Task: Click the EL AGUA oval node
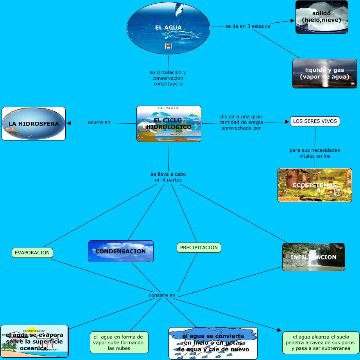168,28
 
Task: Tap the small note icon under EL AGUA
168,47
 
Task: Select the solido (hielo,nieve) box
322,17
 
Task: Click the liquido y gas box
324,74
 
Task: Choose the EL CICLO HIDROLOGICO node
169,124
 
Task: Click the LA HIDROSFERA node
34,124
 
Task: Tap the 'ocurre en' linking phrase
99,122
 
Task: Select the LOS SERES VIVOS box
315,121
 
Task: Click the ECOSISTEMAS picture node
315,185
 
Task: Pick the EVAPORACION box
32,252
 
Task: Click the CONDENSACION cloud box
121,251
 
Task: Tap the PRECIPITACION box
199,247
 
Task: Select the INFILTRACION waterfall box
313,257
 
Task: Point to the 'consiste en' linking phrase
162,295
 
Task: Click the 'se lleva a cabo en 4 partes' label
166,177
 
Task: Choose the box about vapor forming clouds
118,342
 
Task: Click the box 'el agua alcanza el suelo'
321,342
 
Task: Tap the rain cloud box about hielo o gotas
213,343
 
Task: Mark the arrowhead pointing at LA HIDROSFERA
69,123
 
